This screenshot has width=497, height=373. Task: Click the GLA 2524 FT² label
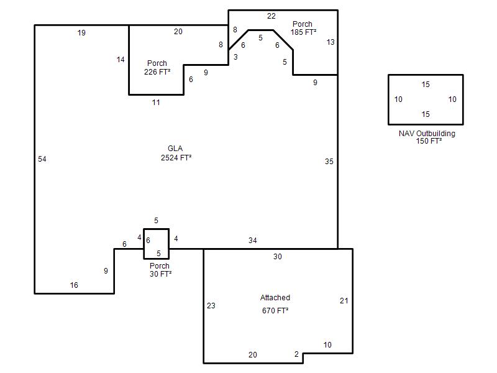tap(176, 153)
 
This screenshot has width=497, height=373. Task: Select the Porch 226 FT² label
tap(157, 68)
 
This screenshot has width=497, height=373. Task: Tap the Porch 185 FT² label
tap(303, 28)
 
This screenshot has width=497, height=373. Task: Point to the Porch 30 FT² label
tap(160, 270)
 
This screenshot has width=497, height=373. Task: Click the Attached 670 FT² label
tap(275, 304)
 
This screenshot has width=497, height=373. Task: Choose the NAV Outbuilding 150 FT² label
tap(427, 137)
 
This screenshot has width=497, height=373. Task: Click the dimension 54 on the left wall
tap(42, 159)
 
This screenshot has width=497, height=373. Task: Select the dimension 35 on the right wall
tap(329, 162)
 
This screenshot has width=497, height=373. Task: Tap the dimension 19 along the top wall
tap(81, 33)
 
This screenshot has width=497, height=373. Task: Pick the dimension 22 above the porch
tap(271, 16)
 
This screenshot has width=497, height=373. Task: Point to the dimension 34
tap(253, 241)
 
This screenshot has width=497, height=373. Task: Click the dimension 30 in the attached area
tap(278, 257)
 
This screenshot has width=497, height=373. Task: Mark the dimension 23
tap(211, 305)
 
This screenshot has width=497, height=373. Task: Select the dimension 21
tap(344, 301)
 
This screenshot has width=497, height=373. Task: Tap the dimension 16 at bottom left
tap(74, 285)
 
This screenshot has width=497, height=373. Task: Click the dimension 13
tap(331, 42)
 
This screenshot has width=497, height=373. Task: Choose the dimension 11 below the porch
tap(156, 103)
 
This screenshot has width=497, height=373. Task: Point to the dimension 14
tap(121, 59)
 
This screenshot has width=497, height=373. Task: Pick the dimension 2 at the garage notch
tap(297, 354)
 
